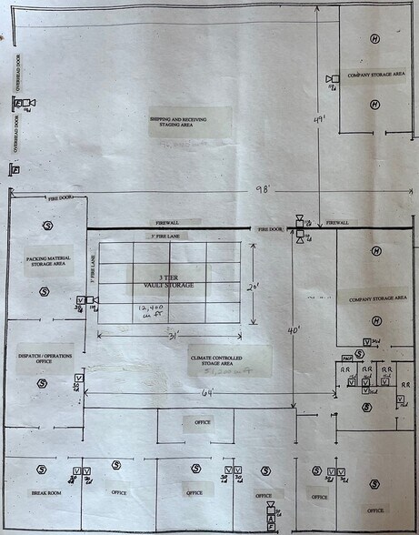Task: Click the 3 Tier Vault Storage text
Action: pos(170,281)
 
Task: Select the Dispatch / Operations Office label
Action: pos(45,358)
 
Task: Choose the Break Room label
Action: pos(43,493)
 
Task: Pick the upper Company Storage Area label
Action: pos(368,75)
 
